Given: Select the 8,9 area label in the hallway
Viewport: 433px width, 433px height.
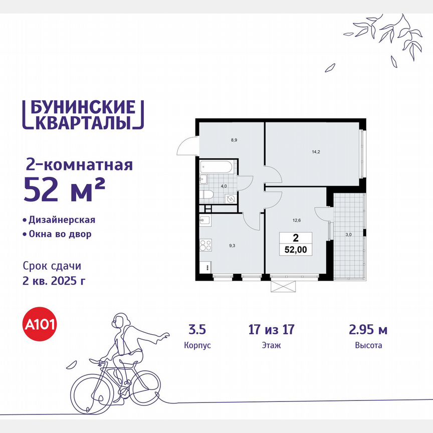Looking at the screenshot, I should pyautogui.click(x=234, y=140).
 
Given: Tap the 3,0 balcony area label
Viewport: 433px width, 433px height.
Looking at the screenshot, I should pyautogui.click(x=348, y=234).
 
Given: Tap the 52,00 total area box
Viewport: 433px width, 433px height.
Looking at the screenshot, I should pyautogui.click(x=295, y=244).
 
